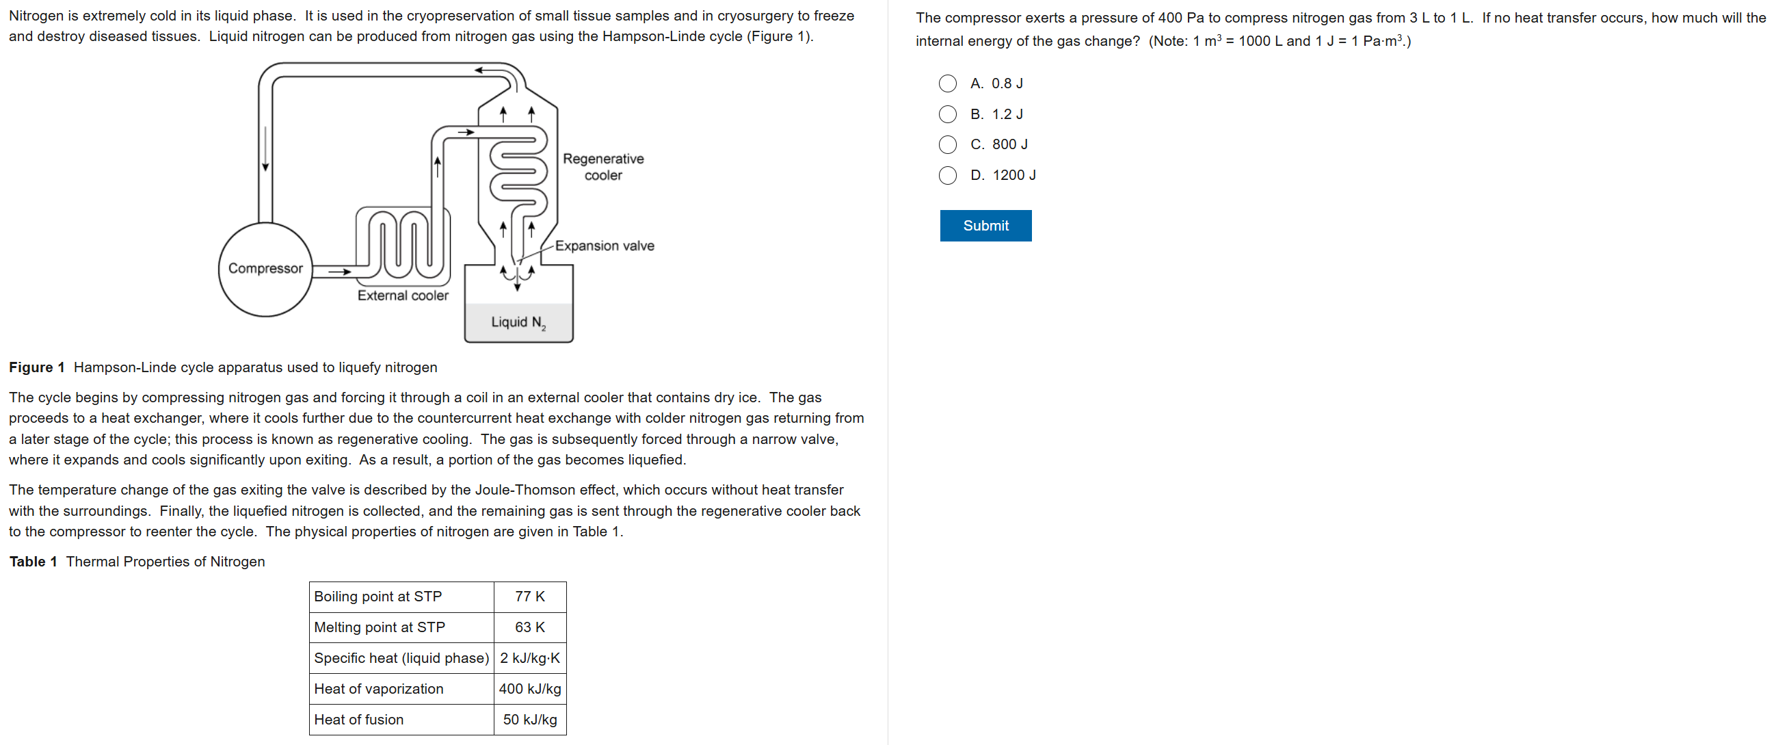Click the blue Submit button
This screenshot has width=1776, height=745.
pyautogui.click(x=985, y=226)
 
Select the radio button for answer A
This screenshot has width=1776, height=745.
pyautogui.click(x=947, y=83)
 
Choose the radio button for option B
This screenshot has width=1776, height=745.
pyautogui.click(x=947, y=114)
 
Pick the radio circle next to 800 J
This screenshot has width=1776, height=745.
pyautogui.click(x=947, y=144)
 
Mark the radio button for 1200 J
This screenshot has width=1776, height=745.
pyautogui.click(x=947, y=175)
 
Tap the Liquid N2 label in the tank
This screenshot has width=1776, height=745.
pyautogui.click(x=518, y=322)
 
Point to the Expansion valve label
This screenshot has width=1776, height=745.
pyautogui.click(x=605, y=246)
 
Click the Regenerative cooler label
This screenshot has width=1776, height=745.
pyautogui.click(x=603, y=167)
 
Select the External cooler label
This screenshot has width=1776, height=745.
pyautogui.click(x=403, y=296)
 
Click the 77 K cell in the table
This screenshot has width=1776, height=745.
pyautogui.click(x=529, y=597)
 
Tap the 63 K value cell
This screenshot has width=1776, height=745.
pyautogui.click(x=529, y=627)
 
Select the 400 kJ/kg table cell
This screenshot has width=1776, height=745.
pyautogui.click(x=529, y=688)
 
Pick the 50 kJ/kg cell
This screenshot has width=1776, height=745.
pyautogui.click(x=529, y=720)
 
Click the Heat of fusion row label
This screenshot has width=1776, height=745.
pyautogui.click(x=358, y=720)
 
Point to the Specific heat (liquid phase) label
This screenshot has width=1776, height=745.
pyautogui.click(x=401, y=658)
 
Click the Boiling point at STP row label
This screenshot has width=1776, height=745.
pyautogui.click(x=377, y=597)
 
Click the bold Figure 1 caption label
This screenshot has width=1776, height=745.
pyautogui.click(x=36, y=367)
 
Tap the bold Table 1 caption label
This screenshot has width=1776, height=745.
pyautogui.click(x=33, y=562)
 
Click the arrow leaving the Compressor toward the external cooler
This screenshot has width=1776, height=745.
pyautogui.click(x=340, y=272)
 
